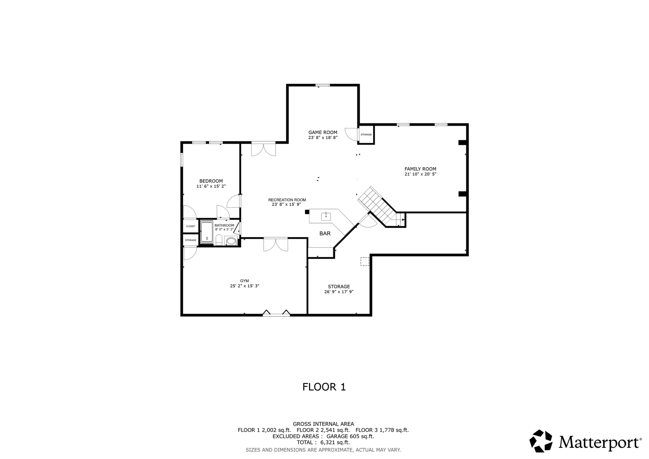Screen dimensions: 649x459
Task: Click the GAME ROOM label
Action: click(323, 132)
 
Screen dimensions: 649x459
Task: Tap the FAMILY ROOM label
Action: click(420, 169)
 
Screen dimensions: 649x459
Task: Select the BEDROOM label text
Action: click(211, 181)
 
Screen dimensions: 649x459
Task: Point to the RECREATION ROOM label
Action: click(287, 200)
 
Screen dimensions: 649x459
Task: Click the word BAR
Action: click(325, 234)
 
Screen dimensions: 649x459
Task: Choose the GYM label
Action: click(244, 281)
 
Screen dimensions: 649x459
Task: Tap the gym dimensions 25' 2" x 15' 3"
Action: click(244, 286)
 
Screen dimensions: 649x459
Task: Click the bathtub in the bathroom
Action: click(207, 232)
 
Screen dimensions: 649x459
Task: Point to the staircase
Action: click(380, 206)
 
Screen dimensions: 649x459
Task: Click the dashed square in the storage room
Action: click(365, 261)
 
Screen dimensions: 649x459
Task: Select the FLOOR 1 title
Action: click(324, 387)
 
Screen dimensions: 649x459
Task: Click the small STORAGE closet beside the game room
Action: click(366, 134)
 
